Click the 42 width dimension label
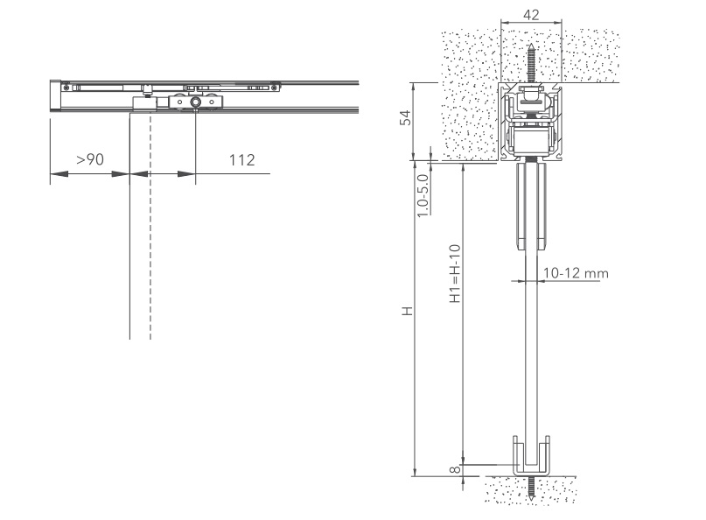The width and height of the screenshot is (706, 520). pos(531,15)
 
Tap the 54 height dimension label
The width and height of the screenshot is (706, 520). pos(406,117)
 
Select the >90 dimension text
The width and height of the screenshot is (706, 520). pos(89,159)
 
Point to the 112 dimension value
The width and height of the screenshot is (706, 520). pos(241,160)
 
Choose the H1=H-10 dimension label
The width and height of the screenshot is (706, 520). pos(455,273)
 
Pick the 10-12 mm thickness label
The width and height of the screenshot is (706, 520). pos(576,273)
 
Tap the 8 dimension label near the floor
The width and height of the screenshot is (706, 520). pos(456,469)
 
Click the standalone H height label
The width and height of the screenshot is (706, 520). pos(408,311)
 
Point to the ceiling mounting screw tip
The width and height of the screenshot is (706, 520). pos(532,43)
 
